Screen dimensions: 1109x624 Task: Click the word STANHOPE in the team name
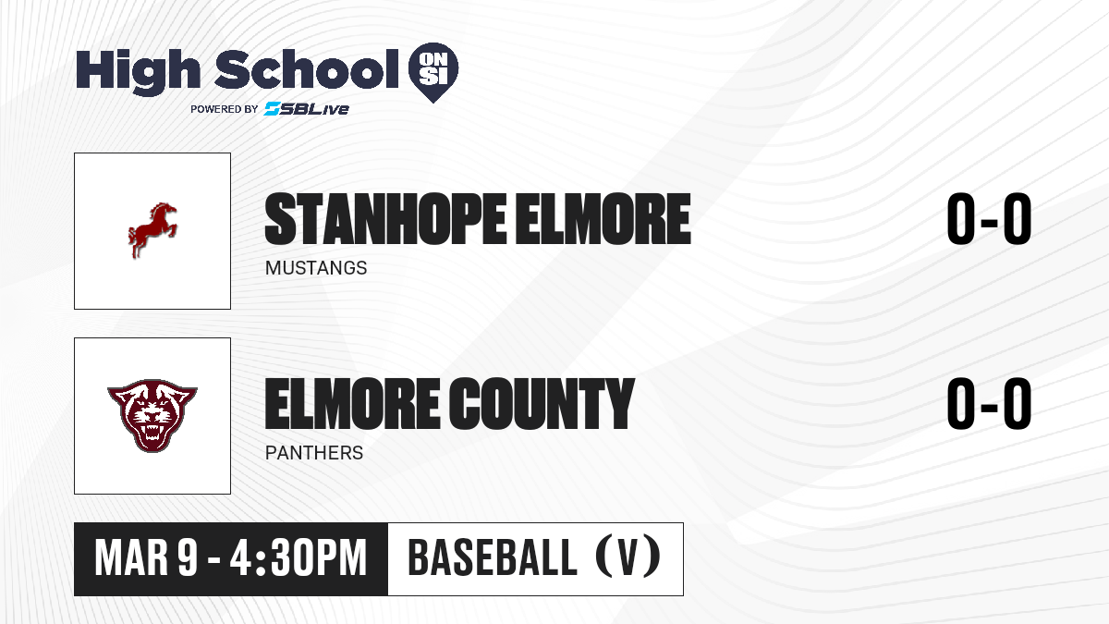coord(385,219)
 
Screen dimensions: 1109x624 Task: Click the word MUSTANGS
coord(316,268)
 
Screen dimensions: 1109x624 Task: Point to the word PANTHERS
coord(314,453)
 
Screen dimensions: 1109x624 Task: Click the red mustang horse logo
coord(152,230)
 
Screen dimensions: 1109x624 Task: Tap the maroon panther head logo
coord(152,415)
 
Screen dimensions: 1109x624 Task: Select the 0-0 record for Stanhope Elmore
coord(989,219)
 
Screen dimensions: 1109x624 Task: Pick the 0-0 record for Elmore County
coord(989,404)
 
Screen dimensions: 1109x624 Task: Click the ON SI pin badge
coord(433,71)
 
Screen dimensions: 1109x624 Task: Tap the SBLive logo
coord(307,108)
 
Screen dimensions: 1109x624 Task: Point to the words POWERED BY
coord(225,109)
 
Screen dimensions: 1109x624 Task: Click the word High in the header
coord(138,70)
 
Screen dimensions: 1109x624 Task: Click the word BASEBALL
coord(493,557)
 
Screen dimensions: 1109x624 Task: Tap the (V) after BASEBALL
coord(628,557)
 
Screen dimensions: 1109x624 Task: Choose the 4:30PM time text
coord(298,557)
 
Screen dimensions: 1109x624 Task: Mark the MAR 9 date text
coord(146,557)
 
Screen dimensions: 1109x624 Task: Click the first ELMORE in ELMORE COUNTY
coord(352,404)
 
